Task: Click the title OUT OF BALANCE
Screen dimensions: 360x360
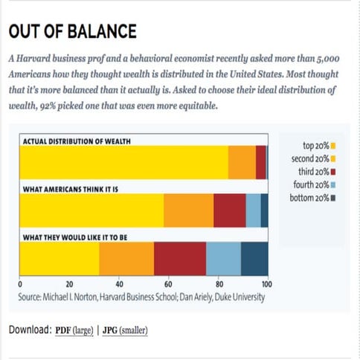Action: tap(72, 31)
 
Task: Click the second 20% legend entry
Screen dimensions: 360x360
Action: tap(313, 158)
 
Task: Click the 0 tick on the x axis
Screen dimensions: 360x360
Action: tap(19, 284)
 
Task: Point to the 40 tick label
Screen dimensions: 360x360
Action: tap(119, 284)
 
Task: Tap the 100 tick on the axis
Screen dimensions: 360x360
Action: tap(267, 284)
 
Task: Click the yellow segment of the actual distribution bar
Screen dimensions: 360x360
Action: tap(123, 162)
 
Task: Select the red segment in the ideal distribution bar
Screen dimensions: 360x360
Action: tap(179, 259)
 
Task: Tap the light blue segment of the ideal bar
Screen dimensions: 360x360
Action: tap(223, 259)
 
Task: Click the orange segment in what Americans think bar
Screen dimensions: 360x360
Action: tap(188, 210)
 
